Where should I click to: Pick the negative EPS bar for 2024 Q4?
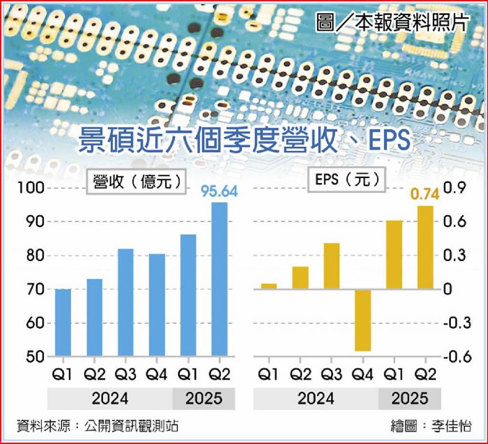pos(363,320)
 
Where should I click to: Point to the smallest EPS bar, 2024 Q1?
pos(269,286)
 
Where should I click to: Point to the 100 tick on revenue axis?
pos(31,188)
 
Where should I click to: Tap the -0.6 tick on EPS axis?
pos(457,357)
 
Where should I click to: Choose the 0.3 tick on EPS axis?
pos(454,256)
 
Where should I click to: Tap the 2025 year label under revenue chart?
pos(203,398)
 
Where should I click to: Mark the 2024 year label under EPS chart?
pos(315,398)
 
